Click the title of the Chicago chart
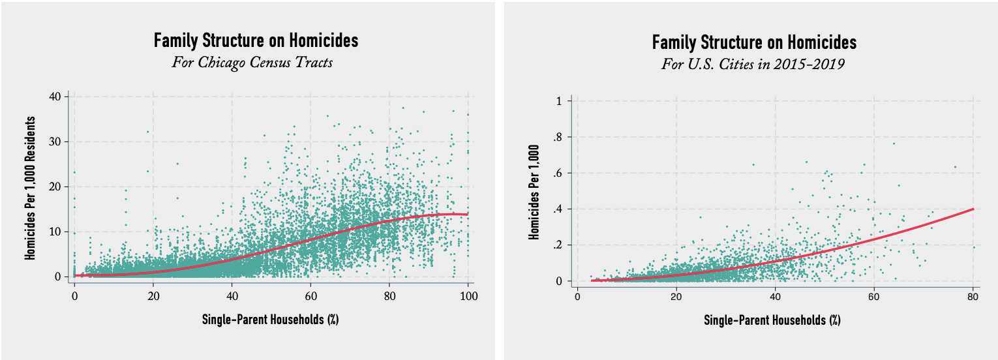(256, 41)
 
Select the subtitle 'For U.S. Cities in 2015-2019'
(754, 65)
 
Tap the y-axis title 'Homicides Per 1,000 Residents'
(30, 188)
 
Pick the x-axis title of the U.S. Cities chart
(772, 321)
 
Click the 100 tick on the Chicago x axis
(468, 297)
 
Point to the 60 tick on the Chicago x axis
(310, 297)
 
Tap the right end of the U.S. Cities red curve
(973, 209)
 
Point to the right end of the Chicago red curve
(468, 215)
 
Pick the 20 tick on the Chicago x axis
(153, 297)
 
